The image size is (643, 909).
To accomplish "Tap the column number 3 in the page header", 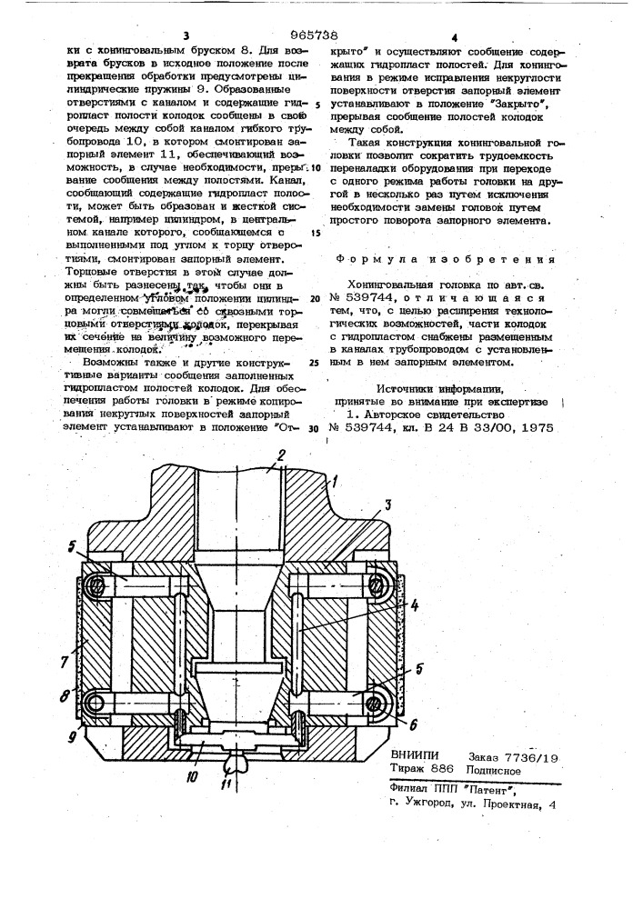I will point(186,35).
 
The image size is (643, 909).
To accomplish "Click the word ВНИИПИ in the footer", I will point(415,754).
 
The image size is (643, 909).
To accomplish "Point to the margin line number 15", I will point(316,232).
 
